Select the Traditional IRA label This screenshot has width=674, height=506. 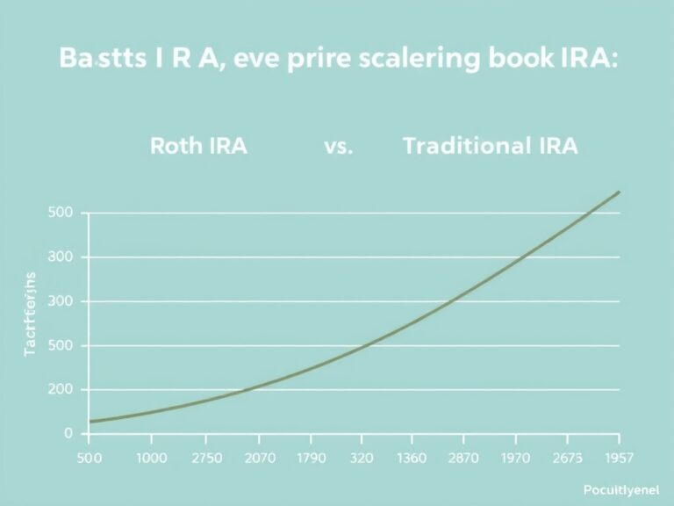pyautogui.click(x=490, y=147)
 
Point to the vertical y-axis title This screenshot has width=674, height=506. pyautogui.click(x=30, y=314)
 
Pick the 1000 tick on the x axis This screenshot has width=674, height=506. pyautogui.click(x=151, y=459)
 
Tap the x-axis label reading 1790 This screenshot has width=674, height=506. pyautogui.click(x=312, y=459)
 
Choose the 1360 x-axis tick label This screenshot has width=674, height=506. pyautogui.click(x=412, y=459)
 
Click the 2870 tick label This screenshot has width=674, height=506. pyautogui.click(x=463, y=459)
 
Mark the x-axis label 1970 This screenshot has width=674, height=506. pyautogui.click(x=517, y=459)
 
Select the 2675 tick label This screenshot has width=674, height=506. pyautogui.click(x=567, y=459)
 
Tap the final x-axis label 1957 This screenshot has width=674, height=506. pyautogui.click(x=617, y=459)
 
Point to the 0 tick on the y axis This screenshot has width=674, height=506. pyautogui.click(x=68, y=434)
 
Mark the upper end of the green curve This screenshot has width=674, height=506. pyautogui.click(x=619, y=192)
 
